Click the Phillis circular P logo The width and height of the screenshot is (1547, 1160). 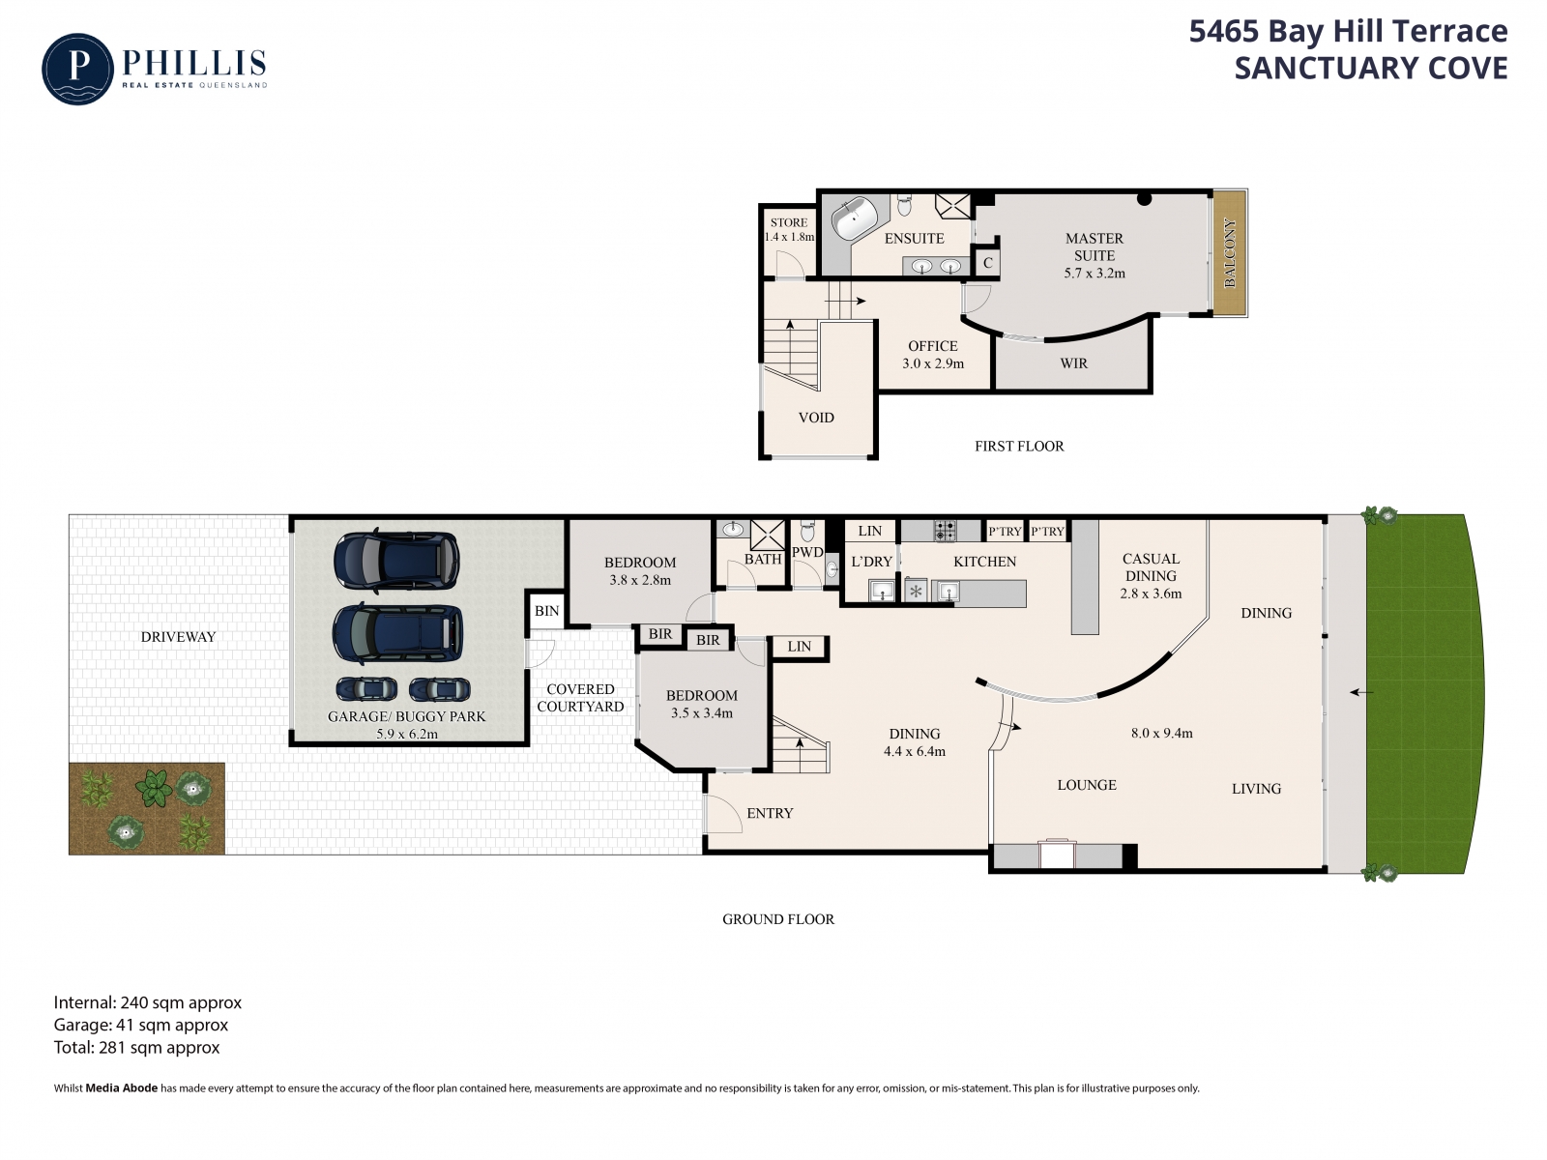(77, 69)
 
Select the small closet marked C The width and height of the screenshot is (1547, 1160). (987, 263)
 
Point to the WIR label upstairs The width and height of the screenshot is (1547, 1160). (1073, 363)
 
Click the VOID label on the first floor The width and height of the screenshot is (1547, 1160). (816, 418)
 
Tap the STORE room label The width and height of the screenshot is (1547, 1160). (789, 222)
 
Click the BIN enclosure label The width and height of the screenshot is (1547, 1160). (546, 611)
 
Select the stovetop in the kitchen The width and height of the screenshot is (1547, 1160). (945, 531)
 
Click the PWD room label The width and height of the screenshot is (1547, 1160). (807, 552)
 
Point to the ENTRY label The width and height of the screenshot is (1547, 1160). (770, 814)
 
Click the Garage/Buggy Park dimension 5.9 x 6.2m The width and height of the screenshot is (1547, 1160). (407, 734)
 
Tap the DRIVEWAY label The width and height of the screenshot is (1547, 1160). (178, 637)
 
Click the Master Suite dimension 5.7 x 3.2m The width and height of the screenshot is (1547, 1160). (1095, 274)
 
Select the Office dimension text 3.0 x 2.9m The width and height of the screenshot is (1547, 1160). (933, 364)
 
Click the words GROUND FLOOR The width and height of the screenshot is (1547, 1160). (778, 919)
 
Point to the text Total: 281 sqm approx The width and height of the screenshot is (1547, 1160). (136, 1047)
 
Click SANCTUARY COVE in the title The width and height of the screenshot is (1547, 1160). (1371, 69)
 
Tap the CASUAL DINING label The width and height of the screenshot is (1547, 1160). (1151, 567)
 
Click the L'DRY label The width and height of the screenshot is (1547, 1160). (872, 562)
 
